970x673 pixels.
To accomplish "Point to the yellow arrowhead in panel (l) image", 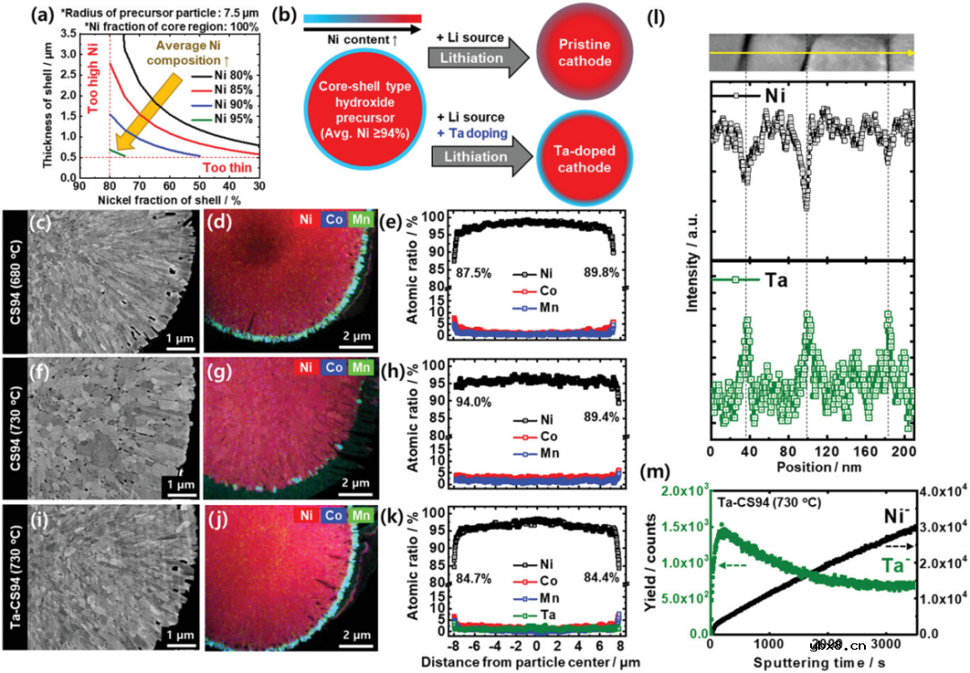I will (x=909, y=54).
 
